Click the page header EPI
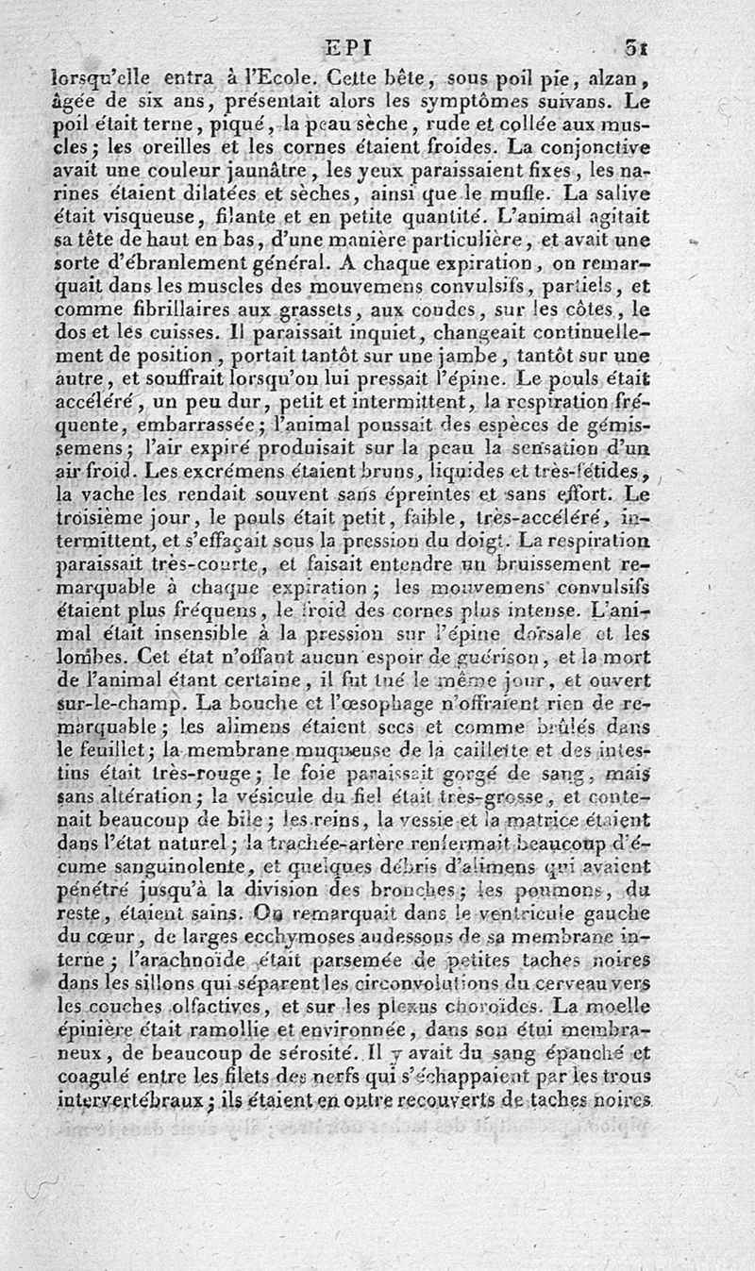click(348, 45)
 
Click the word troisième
click(98, 516)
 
